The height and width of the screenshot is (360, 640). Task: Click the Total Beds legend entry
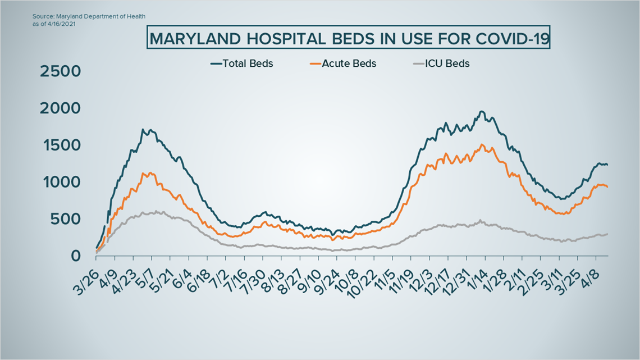tap(241, 63)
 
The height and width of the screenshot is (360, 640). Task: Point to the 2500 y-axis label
tap(61, 71)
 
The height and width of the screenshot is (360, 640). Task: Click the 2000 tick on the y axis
tap(61, 108)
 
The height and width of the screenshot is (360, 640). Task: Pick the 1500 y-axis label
tap(61, 145)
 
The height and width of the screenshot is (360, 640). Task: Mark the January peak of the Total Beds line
tap(481, 112)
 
